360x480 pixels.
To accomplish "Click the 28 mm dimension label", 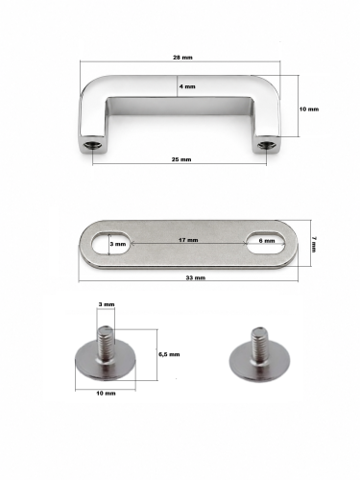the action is click(182, 58).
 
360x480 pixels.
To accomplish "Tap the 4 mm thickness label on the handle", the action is click(187, 86).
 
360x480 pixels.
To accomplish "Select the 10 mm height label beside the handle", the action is click(309, 109).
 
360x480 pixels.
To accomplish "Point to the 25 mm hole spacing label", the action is click(181, 159).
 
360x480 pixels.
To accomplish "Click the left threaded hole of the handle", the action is click(93, 146).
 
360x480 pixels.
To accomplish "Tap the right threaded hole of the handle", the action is click(267, 146).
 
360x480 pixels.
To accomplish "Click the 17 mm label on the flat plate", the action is click(188, 240).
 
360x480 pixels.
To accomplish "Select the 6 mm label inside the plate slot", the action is click(267, 241).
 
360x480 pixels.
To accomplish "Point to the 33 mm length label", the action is click(196, 277).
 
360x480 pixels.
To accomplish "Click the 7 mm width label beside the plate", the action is click(314, 244).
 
